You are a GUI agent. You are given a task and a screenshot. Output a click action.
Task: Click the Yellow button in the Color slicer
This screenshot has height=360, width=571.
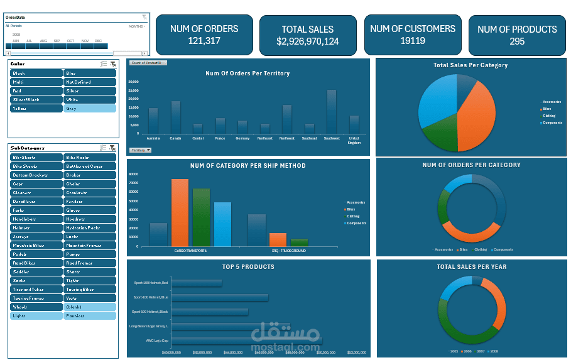tap(36, 109)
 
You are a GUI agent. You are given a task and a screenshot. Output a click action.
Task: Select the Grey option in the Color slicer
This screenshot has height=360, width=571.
tap(89, 109)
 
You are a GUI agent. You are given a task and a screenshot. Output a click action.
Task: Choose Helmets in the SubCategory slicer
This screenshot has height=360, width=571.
tap(36, 228)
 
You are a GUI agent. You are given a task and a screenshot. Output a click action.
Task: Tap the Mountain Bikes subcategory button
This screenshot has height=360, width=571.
tap(36, 246)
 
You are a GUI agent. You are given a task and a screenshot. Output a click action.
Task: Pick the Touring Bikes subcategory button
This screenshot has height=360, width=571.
tap(89, 290)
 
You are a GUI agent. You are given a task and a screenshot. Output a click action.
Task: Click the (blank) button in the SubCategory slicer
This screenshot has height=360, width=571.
tap(89, 307)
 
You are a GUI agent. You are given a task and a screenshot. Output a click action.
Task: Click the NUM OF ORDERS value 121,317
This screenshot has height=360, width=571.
tap(204, 41)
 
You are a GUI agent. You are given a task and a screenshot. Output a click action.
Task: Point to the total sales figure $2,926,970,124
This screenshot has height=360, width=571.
tap(308, 41)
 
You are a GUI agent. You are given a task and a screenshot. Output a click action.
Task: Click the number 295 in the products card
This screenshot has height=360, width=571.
tap(517, 41)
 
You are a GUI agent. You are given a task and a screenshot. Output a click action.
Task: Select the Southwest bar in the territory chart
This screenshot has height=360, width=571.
tap(331, 111)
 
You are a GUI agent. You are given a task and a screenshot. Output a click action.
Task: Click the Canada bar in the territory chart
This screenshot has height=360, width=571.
tap(176, 117)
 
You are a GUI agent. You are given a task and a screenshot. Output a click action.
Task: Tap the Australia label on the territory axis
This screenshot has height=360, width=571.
tap(153, 138)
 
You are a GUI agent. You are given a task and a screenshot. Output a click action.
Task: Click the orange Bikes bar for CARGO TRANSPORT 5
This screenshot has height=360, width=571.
tap(180, 213)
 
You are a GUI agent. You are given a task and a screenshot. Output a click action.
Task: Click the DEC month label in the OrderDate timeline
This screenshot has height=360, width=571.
tap(98, 41)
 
